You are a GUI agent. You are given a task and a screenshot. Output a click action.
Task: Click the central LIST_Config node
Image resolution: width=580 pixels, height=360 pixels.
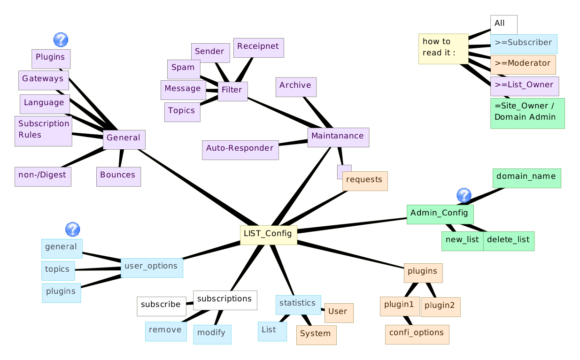(269, 235)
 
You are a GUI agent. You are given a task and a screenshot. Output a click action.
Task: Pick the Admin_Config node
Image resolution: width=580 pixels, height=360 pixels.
(440, 214)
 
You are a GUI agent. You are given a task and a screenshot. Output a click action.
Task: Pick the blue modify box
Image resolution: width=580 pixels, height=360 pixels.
(212, 334)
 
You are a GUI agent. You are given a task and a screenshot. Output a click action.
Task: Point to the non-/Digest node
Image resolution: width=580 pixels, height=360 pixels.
(43, 176)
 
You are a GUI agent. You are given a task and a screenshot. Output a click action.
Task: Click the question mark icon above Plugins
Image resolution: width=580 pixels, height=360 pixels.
(61, 40)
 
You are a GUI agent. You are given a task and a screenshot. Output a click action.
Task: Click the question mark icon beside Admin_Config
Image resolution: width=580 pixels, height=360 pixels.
(464, 195)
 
